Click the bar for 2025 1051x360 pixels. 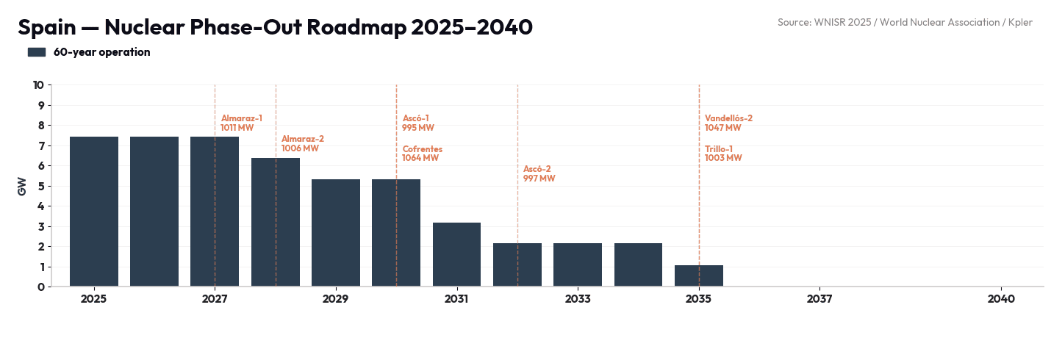[94, 212]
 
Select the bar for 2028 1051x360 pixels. [276, 222]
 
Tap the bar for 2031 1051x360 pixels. [456, 254]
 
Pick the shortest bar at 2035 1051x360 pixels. [699, 276]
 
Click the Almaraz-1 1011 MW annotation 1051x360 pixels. [241, 123]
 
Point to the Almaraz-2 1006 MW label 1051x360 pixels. [303, 143]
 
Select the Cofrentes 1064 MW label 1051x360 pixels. [423, 154]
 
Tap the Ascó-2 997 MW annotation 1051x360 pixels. [539, 173]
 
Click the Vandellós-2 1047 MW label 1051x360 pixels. [728, 123]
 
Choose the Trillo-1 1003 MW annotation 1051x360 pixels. [723, 154]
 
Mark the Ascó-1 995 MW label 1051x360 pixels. [418, 123]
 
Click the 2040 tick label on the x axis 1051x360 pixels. [1001, 299]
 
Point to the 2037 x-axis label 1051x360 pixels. [819, 299]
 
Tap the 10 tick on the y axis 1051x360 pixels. [38, 84]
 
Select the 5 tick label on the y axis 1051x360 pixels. [42, 186]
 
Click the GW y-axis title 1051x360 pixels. [21, 187]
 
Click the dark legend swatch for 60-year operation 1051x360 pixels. [37, 52]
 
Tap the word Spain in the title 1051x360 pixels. [47, 27]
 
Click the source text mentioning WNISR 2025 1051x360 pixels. [905, 23]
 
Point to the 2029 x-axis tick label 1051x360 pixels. [335, 299]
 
